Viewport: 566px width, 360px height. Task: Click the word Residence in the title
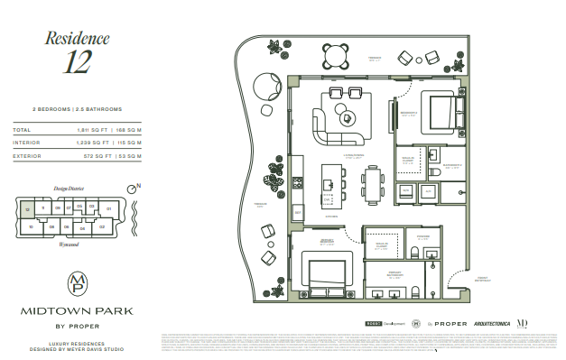point(77,39)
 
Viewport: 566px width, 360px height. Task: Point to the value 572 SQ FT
point(91,155)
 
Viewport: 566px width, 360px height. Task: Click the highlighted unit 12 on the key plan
point(28,208)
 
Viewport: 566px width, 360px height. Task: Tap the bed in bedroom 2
point(445,114)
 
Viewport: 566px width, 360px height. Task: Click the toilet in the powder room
point(413,253)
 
